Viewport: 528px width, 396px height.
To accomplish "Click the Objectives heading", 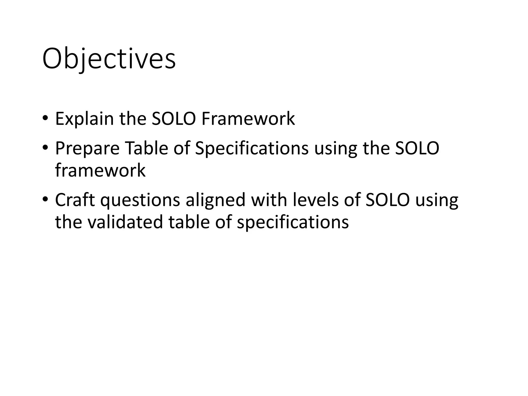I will point(109,59).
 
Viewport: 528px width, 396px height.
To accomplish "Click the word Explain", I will point(84,119).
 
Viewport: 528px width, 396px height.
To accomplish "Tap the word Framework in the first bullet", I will point(248,119).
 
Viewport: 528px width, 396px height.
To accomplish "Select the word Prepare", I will point(87,148).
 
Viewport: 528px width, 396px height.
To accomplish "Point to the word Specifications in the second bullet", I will point(252,148).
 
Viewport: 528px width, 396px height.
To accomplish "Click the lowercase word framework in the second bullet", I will point(100,170).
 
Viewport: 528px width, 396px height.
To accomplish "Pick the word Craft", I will point(75,200).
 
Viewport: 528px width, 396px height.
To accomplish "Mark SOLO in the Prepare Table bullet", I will point(417,148).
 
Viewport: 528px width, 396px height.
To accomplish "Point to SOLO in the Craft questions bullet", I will point(387,200).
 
